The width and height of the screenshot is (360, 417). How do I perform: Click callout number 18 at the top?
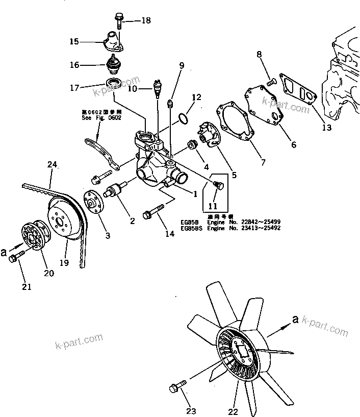pyautogui.click(x=146, y=20)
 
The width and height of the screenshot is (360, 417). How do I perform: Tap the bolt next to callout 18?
pyautogui.click(x=119, y=19)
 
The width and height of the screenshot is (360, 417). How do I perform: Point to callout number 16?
pyautogui.click(x=74, y=65)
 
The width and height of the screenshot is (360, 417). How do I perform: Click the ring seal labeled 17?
pyautogui.click(x=114, y=83)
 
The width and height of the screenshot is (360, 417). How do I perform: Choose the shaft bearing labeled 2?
pyautogui.click(x=116, y=193)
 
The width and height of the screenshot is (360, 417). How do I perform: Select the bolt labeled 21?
pyautogui.click(x=15, y=258)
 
